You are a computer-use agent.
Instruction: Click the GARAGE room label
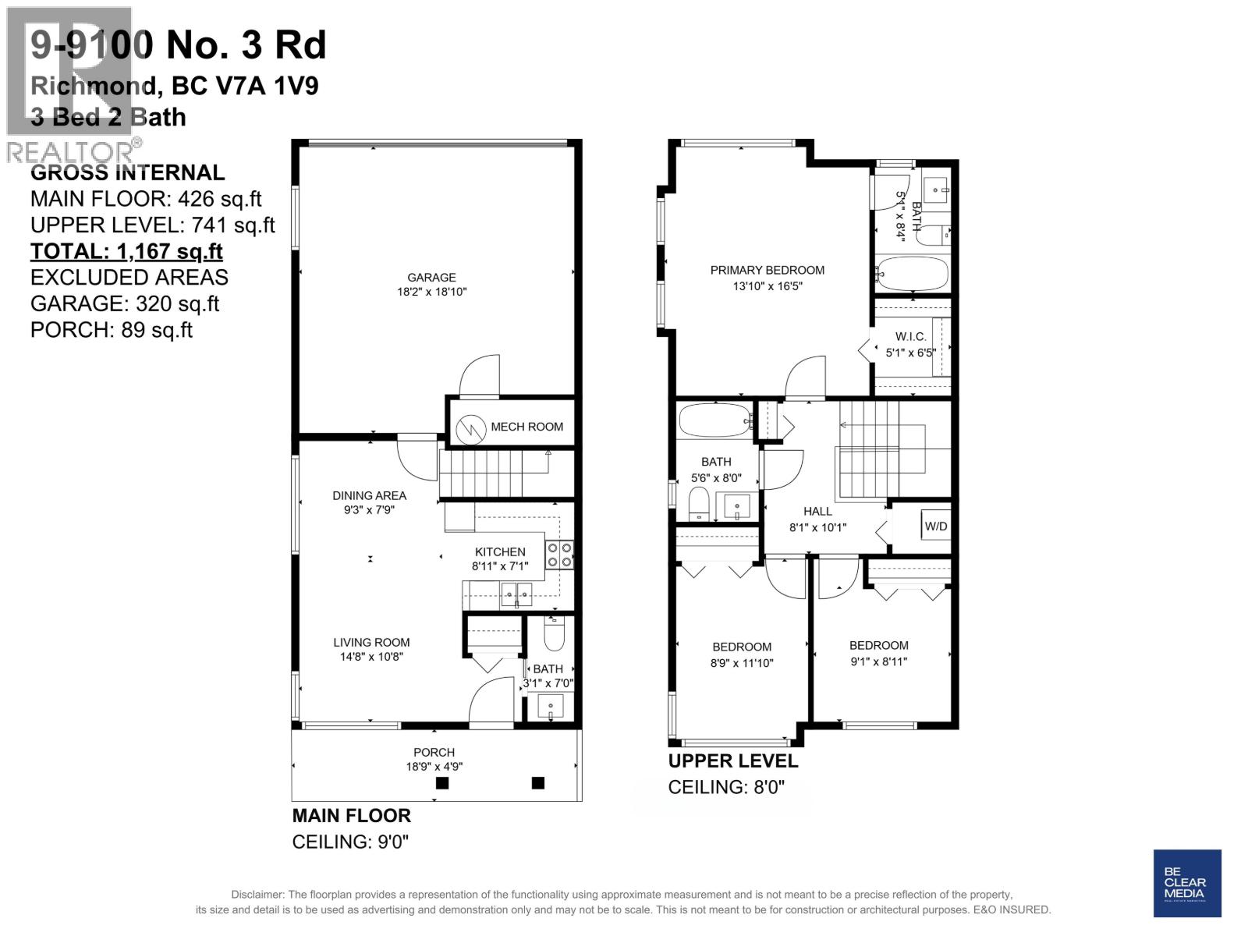(431, 277)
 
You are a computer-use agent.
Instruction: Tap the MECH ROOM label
(526, 427)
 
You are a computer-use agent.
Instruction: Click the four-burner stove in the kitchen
(559, 555)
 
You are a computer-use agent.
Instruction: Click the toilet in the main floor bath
(554, 636)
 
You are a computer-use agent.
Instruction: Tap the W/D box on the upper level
(935, 526)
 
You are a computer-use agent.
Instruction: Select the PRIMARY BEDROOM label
(767, 270)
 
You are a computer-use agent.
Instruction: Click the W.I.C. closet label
(910, 336)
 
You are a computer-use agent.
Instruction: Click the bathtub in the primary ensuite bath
(912, 274)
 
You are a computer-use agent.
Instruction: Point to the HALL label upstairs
(817, 511)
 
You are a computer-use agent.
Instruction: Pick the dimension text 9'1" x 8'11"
(878, 661)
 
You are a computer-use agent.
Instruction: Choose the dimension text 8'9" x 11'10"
(741, 663)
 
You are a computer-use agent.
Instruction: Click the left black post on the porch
(442, 783)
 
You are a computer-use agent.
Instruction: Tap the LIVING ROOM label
(371, 642)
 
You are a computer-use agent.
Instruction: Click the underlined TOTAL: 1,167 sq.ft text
(126, 251)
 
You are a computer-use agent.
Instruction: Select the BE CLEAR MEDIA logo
(1186, 883)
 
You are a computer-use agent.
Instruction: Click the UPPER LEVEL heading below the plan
(732, 760)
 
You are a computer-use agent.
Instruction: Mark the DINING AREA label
(369, 495)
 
